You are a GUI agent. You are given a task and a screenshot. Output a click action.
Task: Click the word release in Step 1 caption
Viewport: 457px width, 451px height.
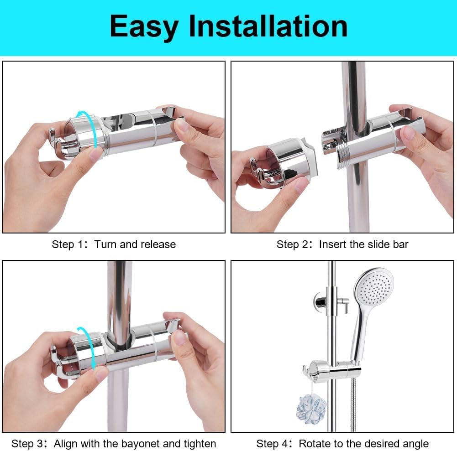pyautogui.click(x=158, y=244)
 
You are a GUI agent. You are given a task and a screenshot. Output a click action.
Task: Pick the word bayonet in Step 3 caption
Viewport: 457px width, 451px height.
pyautogui.click(x=151, y=443)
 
